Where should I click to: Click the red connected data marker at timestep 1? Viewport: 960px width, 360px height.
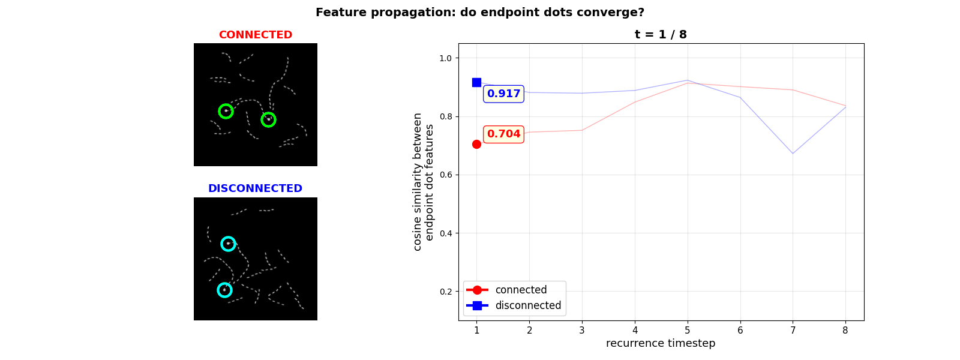tap(476, 144)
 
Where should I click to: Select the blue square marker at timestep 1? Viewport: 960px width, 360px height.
tap(476, 82)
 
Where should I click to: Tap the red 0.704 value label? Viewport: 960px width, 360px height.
tap(503, 134)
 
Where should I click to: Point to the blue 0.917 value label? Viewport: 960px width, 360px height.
tap(503, 94)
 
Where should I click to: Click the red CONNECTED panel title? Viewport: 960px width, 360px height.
tap(255, 35)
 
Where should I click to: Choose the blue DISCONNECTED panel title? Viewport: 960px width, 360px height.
tap(255, 188)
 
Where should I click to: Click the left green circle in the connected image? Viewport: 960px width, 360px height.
tap(226, 111)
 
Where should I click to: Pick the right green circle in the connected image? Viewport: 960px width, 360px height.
tap(268, 119)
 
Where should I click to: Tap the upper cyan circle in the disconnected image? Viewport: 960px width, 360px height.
tap(228, 244)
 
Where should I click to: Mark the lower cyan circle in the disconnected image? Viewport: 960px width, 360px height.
tap(224, 290)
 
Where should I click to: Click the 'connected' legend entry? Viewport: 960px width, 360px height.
tap(520, 290)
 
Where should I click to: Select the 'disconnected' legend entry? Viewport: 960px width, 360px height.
tap(527, 305)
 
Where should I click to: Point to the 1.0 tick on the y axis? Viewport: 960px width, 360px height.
tap(445, 58)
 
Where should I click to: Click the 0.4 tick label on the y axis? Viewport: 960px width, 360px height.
tap(445, 233)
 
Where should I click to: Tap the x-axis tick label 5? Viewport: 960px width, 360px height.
tap(688, 330)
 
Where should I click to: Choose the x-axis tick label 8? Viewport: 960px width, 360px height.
tap(845, 330)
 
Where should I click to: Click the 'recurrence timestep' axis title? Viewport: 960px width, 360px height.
tap(661, 343)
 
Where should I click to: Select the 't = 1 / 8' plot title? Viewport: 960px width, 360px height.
tap(661, 35)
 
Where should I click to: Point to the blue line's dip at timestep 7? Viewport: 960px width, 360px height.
tap(793, 154)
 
